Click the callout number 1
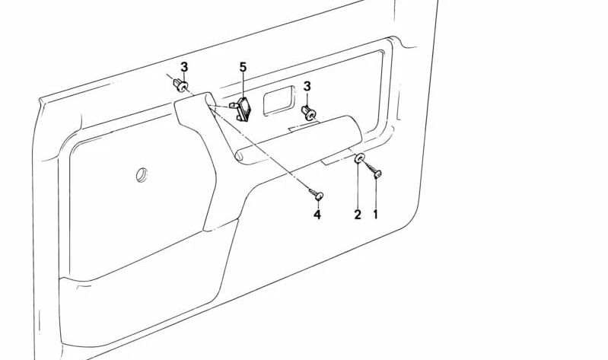click(375, 215)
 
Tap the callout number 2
click(357, 215)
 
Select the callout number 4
click(317, 215)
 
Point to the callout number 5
click(244, 68)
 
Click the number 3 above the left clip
click(183, 67)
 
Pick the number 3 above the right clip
click(307, 87)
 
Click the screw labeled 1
click(377, 174)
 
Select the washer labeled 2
click(359, 160)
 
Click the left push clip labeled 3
click(182, 85)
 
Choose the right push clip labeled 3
click(309, 114)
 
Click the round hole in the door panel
click(142, 174)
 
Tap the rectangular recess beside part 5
click(279, 100)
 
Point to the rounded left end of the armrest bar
click(238, 156)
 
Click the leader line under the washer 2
click(358, 186)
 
